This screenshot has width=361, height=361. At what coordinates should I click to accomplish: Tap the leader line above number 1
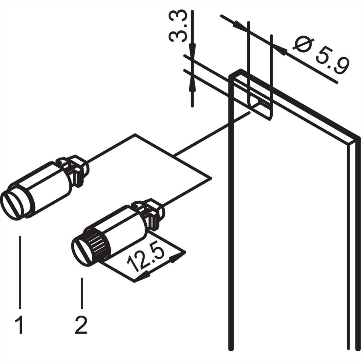coord(20,271)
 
